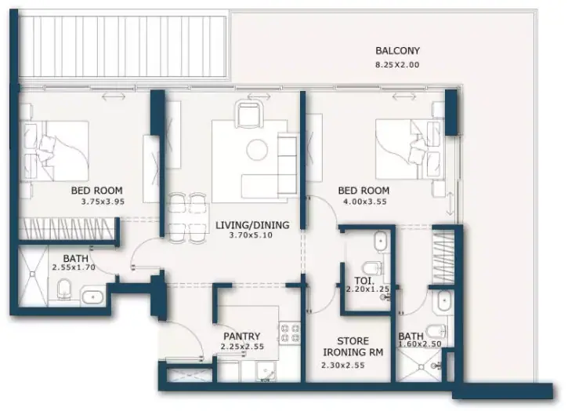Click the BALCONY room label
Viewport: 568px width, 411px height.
[x=397, y=51]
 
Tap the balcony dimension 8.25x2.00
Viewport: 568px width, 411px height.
[x=397, y=65]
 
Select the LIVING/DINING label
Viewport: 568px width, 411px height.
[x=252, y=225]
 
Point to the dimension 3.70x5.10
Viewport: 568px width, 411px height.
[x=251, y=235]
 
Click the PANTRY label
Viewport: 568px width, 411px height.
[x=241, y=336]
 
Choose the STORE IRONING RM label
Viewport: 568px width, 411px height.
[x=353, y=347]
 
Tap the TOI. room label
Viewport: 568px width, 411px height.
[x=364, y=281]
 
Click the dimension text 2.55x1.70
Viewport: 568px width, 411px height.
[x=74, y=267]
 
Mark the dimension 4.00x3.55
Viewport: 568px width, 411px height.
[x=365, y=202]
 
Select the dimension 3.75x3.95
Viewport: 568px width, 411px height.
[x=103, y=202]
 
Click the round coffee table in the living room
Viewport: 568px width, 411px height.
[x=257, y=150]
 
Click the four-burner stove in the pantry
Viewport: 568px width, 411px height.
[x=290, y=333]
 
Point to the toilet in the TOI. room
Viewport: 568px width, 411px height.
[x=372, y=268]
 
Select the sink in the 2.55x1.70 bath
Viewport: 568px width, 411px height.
[x=92, y=296]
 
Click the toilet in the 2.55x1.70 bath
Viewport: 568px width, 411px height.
[x=64, y=289]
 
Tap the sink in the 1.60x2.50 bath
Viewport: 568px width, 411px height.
[x=443, y=301]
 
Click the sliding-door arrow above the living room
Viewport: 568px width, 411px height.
[x=259, y=96]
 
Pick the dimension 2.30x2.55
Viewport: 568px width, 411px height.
[x=342, y=366]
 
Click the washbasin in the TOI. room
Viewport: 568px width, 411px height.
[x=381, y=241]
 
